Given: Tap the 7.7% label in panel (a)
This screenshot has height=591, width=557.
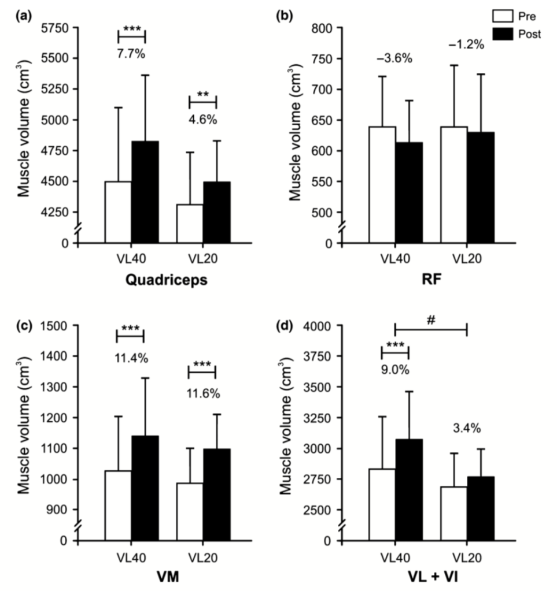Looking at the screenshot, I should coord(132,55).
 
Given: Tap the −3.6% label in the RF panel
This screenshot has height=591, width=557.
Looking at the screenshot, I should coord(396,58).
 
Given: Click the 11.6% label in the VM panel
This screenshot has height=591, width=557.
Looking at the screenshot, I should coord(202,393).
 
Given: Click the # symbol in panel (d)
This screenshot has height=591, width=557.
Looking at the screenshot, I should coord(431,319).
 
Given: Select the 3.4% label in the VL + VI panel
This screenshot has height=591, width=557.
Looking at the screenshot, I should coord(467,429).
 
